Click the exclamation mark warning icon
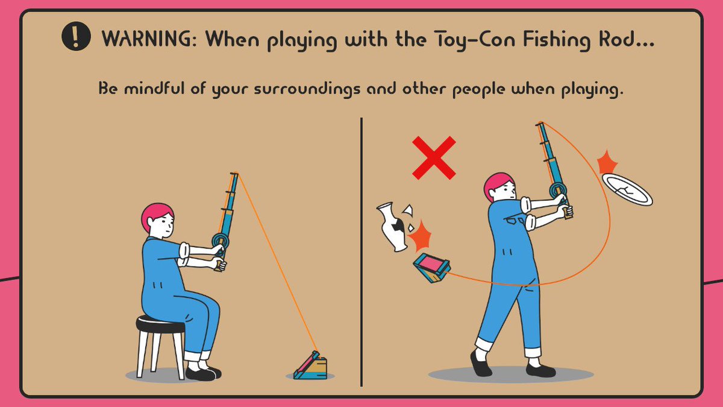[75, 38]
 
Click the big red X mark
[434, 158]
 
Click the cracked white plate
[627, 189]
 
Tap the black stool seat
[160, 324]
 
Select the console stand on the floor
[312, 367]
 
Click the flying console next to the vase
[430, 268]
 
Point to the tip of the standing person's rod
[540, 124]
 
